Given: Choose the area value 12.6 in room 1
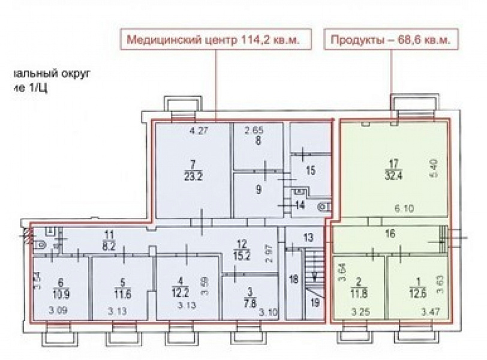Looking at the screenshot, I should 415,293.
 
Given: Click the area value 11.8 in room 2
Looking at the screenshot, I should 358,293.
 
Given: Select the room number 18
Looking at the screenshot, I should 293,278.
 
